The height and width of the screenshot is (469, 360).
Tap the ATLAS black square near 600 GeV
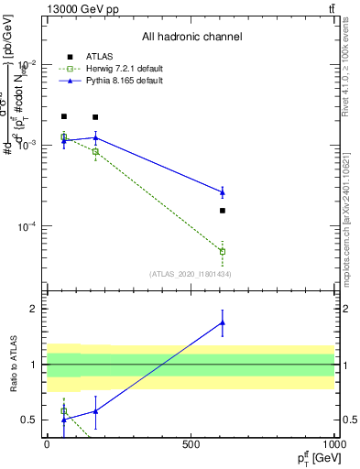click(223, 211)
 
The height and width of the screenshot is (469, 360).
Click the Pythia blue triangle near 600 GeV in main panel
click(223, 191)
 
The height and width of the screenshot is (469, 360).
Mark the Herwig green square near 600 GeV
click(223, 251)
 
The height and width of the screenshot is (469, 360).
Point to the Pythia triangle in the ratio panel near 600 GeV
click(223, 322)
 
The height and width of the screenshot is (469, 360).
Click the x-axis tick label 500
click(191, 444)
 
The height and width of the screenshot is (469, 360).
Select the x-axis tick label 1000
click(333, 444)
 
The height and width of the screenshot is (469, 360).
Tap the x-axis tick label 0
click(47, 444)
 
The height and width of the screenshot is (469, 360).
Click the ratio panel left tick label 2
click(35, 309)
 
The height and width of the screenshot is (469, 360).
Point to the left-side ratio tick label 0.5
click(31, 420)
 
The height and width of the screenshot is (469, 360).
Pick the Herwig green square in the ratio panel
click(63, 411)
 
